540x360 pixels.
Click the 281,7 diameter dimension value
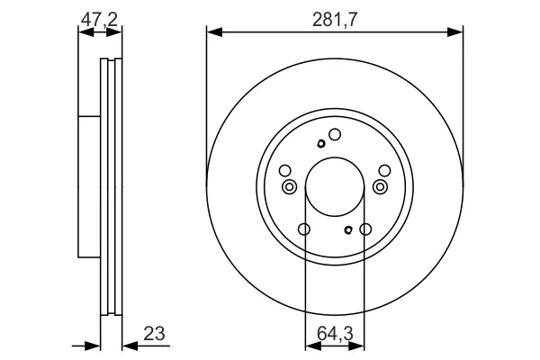tap(335, 20)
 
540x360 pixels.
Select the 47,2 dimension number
tap(99, 19)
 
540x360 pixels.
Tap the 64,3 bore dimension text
tap(335, 334)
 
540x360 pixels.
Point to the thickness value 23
tap(154, 334)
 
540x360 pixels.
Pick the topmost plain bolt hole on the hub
tap(335, 135)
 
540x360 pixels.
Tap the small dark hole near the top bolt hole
tap(321, 144)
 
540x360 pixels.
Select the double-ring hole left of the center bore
tap(289, 187)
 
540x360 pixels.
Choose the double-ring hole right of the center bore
tap(380, 187)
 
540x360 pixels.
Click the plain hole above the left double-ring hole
tap(285, 170)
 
